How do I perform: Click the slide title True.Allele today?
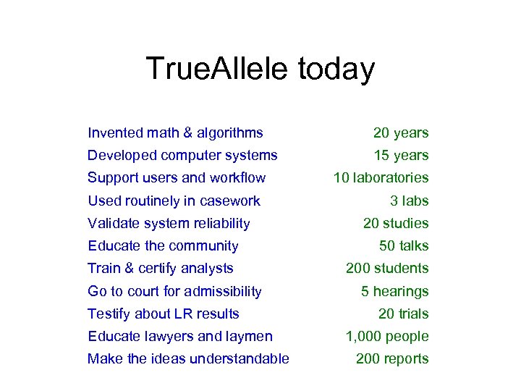pyautogui.click(x=260, y=70)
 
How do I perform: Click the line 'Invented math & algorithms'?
pyautogui.click(x=175, y=133)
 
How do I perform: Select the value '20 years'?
pyautogui.click(x=401, y=133)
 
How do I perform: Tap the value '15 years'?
pyautogui.click(x=401, y=156)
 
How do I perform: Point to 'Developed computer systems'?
pyautogui.click(x=182, y=155)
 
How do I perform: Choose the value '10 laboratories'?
pyautogui.click(x=381, y=178)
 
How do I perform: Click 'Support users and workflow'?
pyautogui.click(x=177, y=178)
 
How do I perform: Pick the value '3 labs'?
pyautogui.click(x=409, y=201)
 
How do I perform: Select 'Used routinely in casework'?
pyautogui.click(x=174, y=201)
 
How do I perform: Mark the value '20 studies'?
pyautogui.click(x=396, y=224)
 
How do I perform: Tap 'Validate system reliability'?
pyautogui.click(x=169, y=224)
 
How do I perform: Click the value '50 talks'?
pyautogui.click(x=404, y=246)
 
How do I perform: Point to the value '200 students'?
pyautogui.click(x=387, y=269)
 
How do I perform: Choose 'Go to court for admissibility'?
pyautogui.click(x=174, y=292)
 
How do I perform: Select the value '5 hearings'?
pyautogui.click(x=395, y=292)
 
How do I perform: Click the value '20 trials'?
pyautogui.click(x=403, y=314)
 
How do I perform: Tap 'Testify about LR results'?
pyautogui.click(x=164, y=314)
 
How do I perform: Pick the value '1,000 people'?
pyautogui.click(x=387, y=337)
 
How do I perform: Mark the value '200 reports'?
pyautogui.click(x=392, y=359)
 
